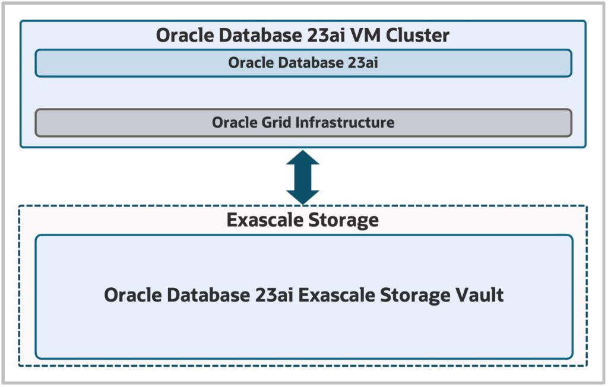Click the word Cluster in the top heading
[418, 35]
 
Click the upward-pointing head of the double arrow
[303, 158]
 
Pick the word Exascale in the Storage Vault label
[334, 295]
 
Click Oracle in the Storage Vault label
[131, 295]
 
